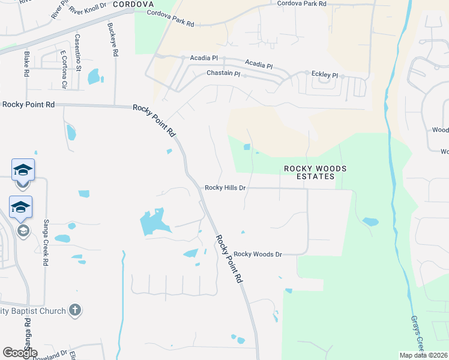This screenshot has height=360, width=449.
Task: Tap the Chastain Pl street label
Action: pyautogui.click(x=223, y=73)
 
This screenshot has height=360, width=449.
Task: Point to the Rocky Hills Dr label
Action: pyautogui.click(x=226, y=188)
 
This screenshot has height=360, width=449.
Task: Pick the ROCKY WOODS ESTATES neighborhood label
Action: pyautogui.click(x=315, y=173)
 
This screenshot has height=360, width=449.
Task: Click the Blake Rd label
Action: pyautogui.click(x=26, y=64)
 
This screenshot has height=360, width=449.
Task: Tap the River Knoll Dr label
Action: pyautogui.click(x=88, y=8)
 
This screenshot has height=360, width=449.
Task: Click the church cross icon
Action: pyautogui.click(x=74, y=310)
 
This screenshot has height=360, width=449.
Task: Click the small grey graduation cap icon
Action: pyautogui.click(x=23, y=231)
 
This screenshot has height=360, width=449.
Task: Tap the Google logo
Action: pyautogui.click(x=20, y=353)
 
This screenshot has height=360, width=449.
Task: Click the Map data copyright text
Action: pyautogui.click(x=423, y=355)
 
